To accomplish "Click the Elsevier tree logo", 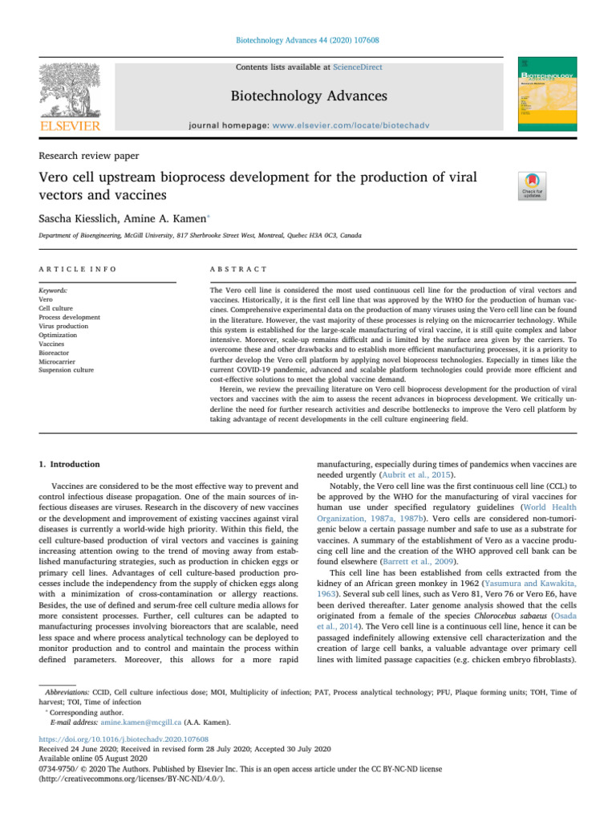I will point(68,87).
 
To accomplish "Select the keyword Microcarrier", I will point(55,360).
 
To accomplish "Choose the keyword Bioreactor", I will point(52,350).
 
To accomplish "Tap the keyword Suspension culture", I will point(66,370).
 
